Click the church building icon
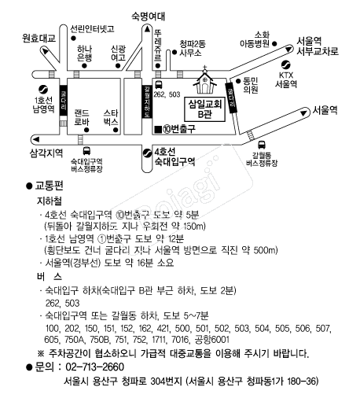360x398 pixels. coord(205,80)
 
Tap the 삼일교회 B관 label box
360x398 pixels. coord(205,109)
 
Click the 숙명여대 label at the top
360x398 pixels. coord(148,17)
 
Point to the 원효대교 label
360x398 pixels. coord(39,39)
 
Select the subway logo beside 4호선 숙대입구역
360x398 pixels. coord(147,153)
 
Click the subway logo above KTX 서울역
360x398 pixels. coord(285,64)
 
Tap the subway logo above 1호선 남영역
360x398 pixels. coord(43,90)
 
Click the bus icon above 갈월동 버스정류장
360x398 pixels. coord(261,145)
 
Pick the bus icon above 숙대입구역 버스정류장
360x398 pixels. coord(86,151)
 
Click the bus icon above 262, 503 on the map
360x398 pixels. coord(159,85)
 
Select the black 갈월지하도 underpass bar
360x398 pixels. coord(147,101)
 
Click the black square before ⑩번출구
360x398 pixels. coord(158,129)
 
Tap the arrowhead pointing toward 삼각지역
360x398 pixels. coord(35,139)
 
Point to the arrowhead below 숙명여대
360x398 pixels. coord(147,29)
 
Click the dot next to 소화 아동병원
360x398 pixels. coord(274,43)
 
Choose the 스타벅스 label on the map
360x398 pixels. coord(111,117)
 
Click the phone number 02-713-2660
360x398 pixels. coord(94,367)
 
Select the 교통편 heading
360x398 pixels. coord(49,186)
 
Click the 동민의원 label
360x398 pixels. coord(251,85)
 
